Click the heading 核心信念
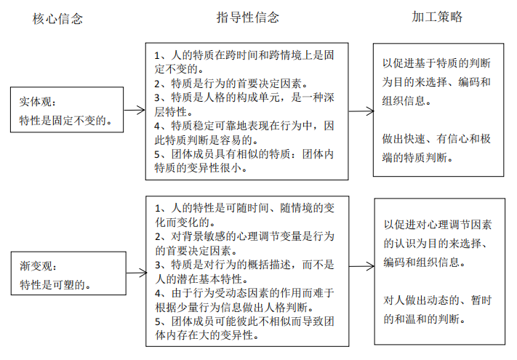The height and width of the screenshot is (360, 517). click(57, 19)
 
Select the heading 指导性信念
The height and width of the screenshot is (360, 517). click(248, 17)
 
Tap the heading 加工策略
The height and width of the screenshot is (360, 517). click(437, 16)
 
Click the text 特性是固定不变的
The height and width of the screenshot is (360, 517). click(65, 120)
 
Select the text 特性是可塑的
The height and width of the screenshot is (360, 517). click(55, 284)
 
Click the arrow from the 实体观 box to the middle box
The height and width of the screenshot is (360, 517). click(134, 111)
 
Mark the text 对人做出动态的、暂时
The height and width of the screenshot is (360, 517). click(437, 300)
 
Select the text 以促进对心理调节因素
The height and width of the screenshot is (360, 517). click(437, 225)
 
